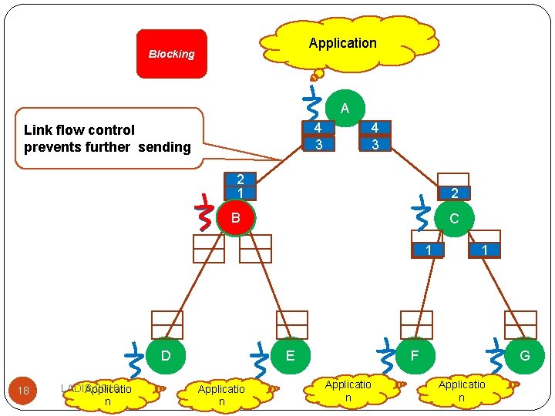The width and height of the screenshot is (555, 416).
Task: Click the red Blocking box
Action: point(172,54)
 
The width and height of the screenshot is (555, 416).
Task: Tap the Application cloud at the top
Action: point(342,44)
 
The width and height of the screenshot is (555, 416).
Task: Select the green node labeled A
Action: point(345,109)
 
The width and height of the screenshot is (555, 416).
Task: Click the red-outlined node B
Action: point(236,218)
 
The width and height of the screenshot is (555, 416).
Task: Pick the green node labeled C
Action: point(454,218)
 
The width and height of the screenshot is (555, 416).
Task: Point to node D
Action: point(165,356)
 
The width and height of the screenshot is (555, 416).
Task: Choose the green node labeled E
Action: point(289,356)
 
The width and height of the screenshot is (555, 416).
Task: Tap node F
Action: point(415,356)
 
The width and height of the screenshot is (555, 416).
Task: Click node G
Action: point(524,356)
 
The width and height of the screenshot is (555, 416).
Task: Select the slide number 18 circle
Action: point(24,391)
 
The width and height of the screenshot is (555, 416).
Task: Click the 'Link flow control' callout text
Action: point(107,139)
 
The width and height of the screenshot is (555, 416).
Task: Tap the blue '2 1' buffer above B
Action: point(240,185)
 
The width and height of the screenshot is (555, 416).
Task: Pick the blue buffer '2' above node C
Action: point(454,193)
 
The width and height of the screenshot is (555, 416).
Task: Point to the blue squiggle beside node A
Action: point(311,104)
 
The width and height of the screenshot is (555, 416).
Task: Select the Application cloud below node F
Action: point(348,390)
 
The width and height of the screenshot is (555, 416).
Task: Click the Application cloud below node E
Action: point(221,394)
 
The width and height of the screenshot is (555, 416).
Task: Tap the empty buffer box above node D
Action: point(167,324)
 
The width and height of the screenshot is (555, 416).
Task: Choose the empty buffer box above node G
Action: point(520,324)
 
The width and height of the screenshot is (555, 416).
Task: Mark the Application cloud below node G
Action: point(462,390)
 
